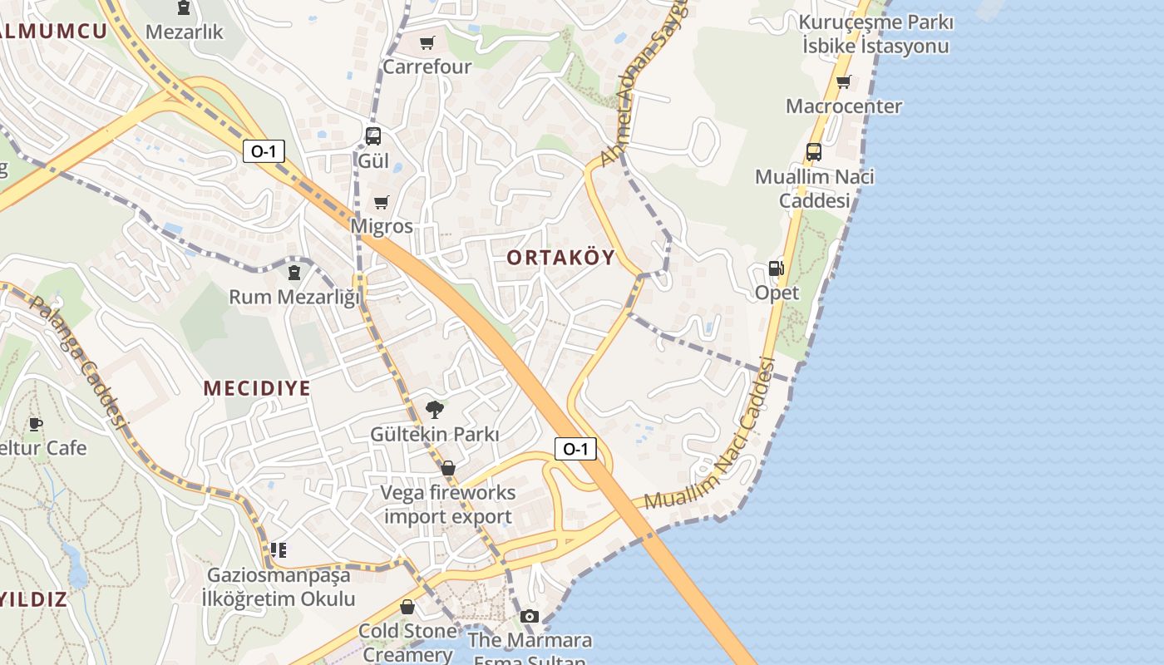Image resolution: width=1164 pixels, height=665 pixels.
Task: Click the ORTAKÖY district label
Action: click(x=561, y=258)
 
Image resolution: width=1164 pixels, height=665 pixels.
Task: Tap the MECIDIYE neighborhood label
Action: click(x=257, y=388)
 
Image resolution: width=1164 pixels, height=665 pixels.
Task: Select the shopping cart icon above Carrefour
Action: click(x=427, y=43)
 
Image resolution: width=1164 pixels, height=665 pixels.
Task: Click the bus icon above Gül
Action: click(x=373, y=135)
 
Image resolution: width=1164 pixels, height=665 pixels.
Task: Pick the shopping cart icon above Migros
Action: click(x=382, y=202)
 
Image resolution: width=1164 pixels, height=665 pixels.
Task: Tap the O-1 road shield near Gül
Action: click(x=264, y=151)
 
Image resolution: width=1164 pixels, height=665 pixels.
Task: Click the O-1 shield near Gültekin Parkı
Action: click(x=575, y=449)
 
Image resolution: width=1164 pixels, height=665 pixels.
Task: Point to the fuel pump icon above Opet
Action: click(x=777, y=268)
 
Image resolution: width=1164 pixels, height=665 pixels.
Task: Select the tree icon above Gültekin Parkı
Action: click(x=434, y=409)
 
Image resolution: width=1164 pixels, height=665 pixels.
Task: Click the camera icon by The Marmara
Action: click(x=530, y=616)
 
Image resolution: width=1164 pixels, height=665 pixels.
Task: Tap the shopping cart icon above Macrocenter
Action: click(x=844, y=81)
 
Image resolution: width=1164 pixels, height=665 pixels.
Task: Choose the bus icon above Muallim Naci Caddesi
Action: click(x=814, y=152)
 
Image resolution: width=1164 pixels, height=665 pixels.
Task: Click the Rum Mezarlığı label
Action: click(x=294, y=297)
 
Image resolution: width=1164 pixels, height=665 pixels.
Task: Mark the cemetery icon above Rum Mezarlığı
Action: click(x=294, y=272)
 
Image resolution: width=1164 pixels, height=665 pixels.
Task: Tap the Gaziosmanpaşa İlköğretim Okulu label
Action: click(x=279, y=587)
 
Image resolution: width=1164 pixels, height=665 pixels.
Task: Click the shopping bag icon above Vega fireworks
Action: click(x=448, y=469)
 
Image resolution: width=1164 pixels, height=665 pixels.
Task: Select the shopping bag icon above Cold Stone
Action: click(x=407, y=607)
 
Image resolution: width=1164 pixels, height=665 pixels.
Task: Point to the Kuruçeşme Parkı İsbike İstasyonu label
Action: click(x=876, y=34)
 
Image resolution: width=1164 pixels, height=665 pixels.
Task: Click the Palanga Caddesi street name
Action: click(x=79, y=362)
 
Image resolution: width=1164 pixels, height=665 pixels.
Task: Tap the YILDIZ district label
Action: click(x=33, y=599)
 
